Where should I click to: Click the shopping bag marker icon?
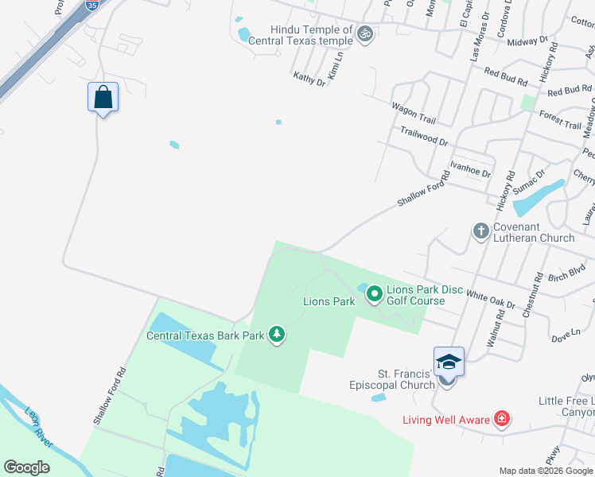pyautogui.click(x=103, y=98)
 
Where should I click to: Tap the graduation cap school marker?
pyautogui.click(x=449, y=362)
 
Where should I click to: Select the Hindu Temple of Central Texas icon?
pyautogui.click(x=365, y=33)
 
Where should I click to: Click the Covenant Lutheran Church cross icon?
pyautogui.click(x=480, y=231)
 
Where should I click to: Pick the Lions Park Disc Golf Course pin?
pyautogui.click(x=375, y=295)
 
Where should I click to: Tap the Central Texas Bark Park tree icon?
pyautogui.click(x=276, y=335)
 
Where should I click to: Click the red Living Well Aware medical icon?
pyautogui.click(x=501, y=418)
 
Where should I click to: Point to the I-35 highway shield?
pyautogui.click(x=92, y=5)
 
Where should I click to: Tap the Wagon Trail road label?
pyautogui.click(x=413, y=112)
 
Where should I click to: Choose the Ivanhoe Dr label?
pyautogui.click(x=469, y=168)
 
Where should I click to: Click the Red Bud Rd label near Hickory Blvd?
pyautogui.click(x=506, y=78)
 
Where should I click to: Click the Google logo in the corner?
pyautogui.click(x=26, y=467)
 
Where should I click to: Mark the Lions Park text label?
pyautogui.click(x=329, y=302)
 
